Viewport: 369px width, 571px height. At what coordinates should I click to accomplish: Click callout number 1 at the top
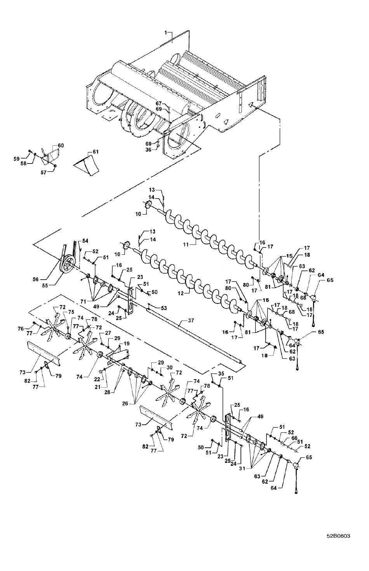coord(165,33)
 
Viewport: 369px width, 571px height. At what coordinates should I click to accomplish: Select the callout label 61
coord(96,152)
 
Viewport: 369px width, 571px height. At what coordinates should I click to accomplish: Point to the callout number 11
coord(185,244)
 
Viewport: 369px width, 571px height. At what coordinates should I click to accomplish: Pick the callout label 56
coord(35,279)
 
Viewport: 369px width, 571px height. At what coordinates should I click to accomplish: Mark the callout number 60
coord(61,146)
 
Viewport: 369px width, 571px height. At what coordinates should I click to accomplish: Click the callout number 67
coord(159,103)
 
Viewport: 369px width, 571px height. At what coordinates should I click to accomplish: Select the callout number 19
coord(127,344)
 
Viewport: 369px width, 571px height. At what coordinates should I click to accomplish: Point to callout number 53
coord(164,308)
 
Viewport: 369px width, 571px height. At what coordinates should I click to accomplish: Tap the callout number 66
coord(294,438)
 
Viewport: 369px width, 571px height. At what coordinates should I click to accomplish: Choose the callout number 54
coord(85,241)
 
